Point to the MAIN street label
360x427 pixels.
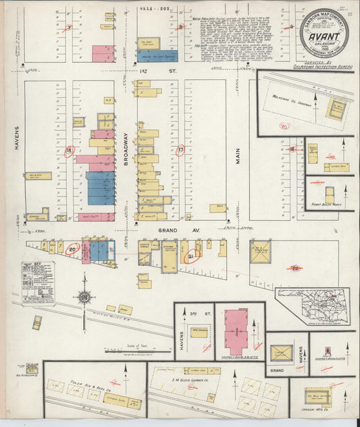point(238,157)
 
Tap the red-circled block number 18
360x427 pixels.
point(69,150)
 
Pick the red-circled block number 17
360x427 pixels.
point(180,150)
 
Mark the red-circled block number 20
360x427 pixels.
point(73,249)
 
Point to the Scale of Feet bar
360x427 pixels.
point(132,350)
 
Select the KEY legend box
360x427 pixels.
point(38,283)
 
